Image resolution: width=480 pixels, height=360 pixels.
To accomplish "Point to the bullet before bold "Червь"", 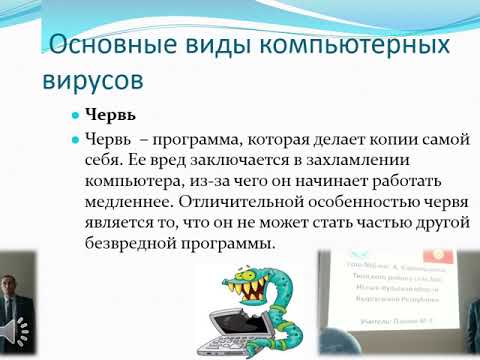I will (73, 115).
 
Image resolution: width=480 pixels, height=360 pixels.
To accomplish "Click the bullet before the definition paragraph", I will (73, 140).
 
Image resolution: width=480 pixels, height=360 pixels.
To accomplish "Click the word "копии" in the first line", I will (378, 139).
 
